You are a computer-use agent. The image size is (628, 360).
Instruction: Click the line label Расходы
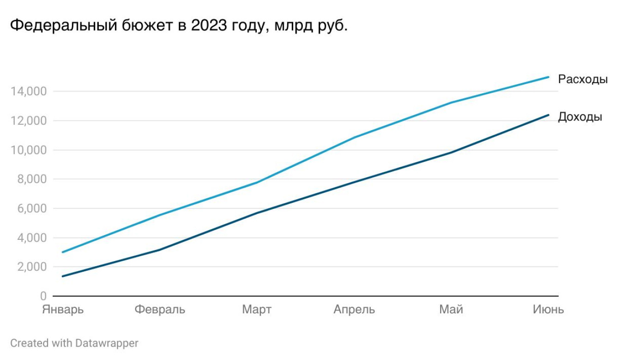583,79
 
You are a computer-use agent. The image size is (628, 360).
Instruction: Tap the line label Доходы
580,117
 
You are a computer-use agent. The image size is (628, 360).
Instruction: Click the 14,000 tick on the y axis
28,92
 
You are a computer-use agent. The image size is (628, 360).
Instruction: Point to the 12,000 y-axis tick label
28,121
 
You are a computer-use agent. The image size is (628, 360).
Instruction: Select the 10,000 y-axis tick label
28,150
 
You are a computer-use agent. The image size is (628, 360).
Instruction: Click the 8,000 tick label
31,179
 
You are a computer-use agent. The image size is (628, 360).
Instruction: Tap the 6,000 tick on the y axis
31,209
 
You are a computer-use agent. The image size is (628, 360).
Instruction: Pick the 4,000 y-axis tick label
31,238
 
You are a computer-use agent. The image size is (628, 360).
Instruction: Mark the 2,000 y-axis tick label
31,267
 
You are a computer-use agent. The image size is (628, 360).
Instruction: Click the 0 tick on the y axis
43,296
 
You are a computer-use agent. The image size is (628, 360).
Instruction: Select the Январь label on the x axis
63,309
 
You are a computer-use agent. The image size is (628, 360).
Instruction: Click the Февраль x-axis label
160,309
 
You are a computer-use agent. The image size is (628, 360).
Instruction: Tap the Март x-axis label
257,309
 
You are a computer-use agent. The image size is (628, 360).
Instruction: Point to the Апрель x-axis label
354,309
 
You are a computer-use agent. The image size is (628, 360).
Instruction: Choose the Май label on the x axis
451,309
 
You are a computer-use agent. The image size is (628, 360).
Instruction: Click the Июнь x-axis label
548,309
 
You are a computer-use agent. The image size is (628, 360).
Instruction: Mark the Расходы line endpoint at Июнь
549,77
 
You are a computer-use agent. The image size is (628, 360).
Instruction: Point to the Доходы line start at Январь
63,276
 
